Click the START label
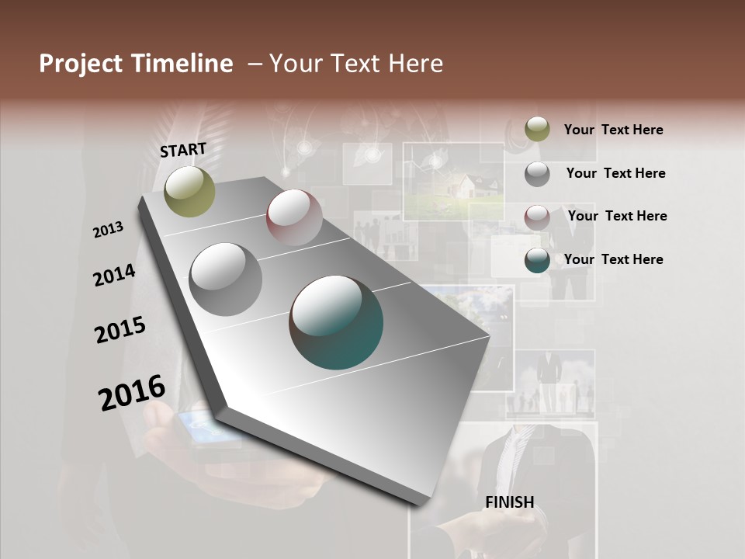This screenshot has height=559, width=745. coord(183,150)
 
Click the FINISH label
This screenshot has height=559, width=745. coord(510,502)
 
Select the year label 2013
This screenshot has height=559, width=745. coord(108,230)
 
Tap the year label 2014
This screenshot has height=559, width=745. coord(114,276)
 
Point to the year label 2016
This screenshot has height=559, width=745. coord(132,393)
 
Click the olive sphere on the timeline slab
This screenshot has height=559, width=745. coord(189,191)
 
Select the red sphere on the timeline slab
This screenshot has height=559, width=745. coord(294,217)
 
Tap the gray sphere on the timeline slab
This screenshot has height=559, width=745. coord(226,279)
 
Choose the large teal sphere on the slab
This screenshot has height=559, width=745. coord(336,322)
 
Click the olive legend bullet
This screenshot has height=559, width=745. coord(537,130)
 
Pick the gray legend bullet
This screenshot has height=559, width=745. coord(537,174)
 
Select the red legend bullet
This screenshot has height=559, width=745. coord(537,217)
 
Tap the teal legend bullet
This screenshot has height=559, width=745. coord(537,260)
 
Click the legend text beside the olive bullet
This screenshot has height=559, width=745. coord(613,130)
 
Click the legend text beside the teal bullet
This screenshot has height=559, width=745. coord(613,259)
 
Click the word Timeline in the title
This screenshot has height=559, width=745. coord(182,64)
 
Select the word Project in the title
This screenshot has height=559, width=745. coord(81,64)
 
